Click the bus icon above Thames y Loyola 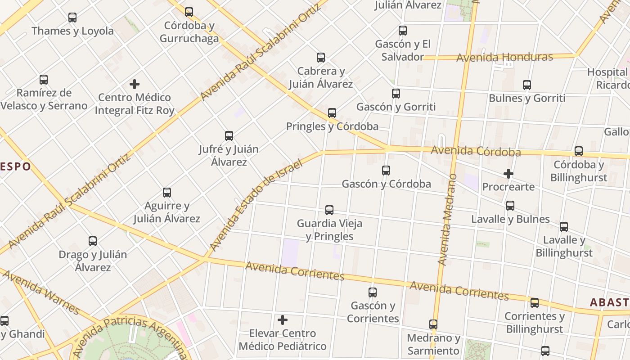coord(72,18)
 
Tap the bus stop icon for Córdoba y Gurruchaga coord(189,12)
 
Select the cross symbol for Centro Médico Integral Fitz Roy coord(134,84)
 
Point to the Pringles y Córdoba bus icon coord(332,113)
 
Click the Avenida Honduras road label coord(504,58)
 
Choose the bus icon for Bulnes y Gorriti coord(527,85)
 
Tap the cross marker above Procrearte coord(508,174)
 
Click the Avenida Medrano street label coord(447,219)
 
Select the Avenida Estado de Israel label coord(256,205)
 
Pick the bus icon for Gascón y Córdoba coord(386,171)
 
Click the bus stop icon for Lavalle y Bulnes coord(510,206)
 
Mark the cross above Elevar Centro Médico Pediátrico coord(283,320)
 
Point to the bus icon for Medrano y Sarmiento coord(433,324)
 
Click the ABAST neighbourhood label coord(609,302)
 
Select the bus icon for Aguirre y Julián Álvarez coord(167,193)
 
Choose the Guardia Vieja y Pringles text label coord(329,229)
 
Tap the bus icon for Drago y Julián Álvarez coord(93,241)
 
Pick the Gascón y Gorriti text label coord(396,107)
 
